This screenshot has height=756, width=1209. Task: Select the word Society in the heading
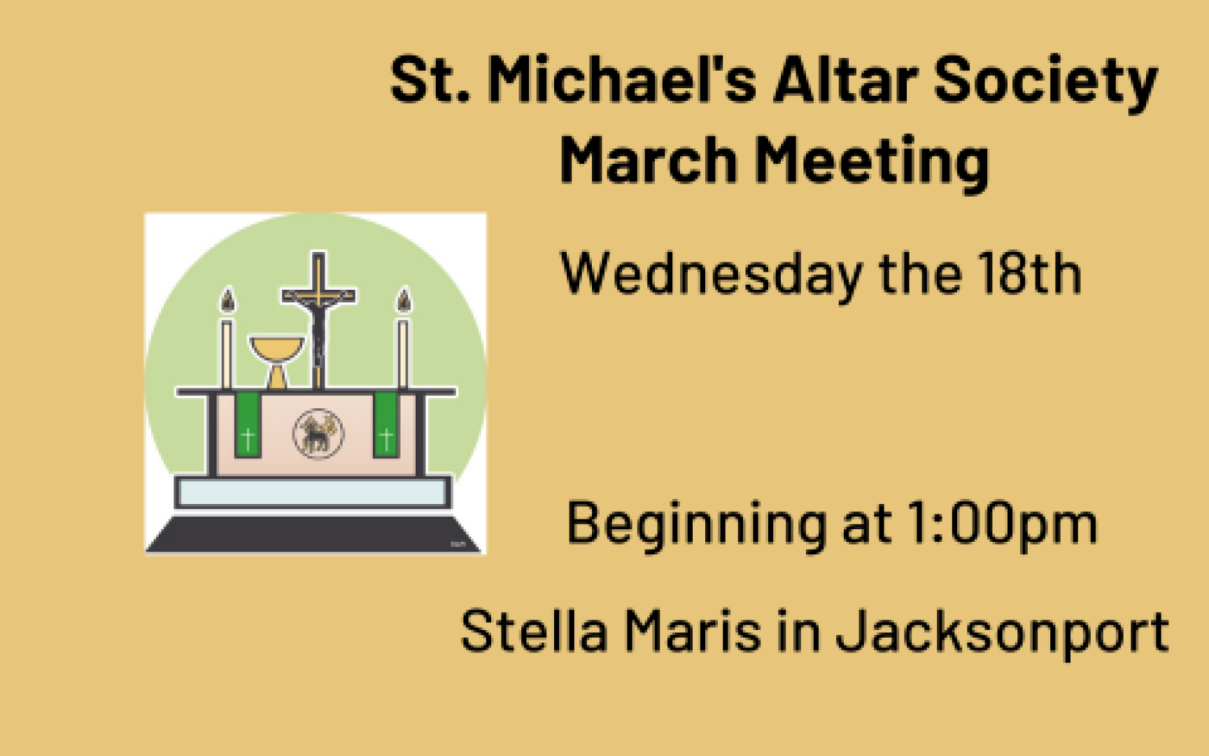(1045, 83)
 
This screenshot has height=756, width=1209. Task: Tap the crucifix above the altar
(318, 319)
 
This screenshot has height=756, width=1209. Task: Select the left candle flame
(227, 300)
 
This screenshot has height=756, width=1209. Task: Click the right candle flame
(404, 300)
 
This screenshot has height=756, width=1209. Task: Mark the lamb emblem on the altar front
(318, 434)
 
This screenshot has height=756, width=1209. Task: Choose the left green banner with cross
(247, 425)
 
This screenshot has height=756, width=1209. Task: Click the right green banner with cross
(386, 425)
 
